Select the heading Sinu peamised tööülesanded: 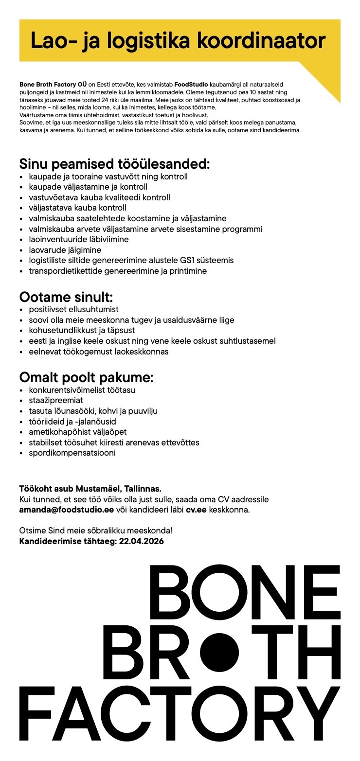pyautogui.click(x=114, y=164)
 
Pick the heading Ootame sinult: pyautogui.click(x=66, y=297)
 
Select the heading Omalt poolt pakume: pyautogui.click(x=86, y=377)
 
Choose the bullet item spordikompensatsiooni pyautogui.click(x=72, y=453)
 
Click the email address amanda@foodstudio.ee pyautogui.click(x=67, y=510)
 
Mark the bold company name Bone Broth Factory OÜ pyautogui.click(x=53, y=85)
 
